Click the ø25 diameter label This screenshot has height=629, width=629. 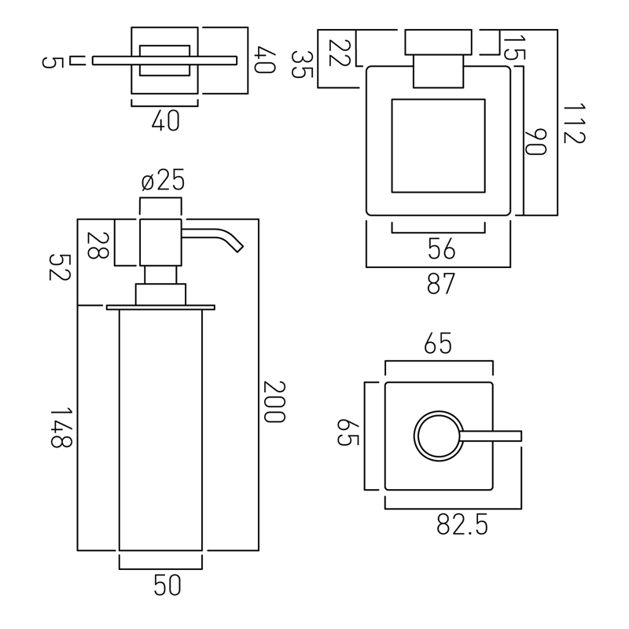click(163, 180)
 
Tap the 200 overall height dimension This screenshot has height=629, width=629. click(274, 402)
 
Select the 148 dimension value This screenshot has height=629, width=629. click(61, 427)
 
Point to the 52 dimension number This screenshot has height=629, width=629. click(60, 267)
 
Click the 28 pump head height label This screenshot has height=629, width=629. click(97, 245)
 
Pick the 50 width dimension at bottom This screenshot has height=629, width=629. click(167, 585)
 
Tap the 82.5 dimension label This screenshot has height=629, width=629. click(462, 524)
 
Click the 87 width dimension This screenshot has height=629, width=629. click(440, 284)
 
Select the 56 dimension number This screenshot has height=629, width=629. click(441, 248)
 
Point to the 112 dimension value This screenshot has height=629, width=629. click(575, 123)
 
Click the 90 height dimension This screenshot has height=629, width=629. click(536, 142)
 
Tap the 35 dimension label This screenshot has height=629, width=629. click(302, 64)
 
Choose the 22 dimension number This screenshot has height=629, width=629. click(340, 53)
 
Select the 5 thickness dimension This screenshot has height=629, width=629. click(53, 63)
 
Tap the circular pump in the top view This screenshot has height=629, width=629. click(439, 436)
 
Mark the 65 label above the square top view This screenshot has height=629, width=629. click(438, 344)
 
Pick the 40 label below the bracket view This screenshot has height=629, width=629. click(166, 120)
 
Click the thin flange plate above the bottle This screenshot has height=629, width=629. click(160, 307)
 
